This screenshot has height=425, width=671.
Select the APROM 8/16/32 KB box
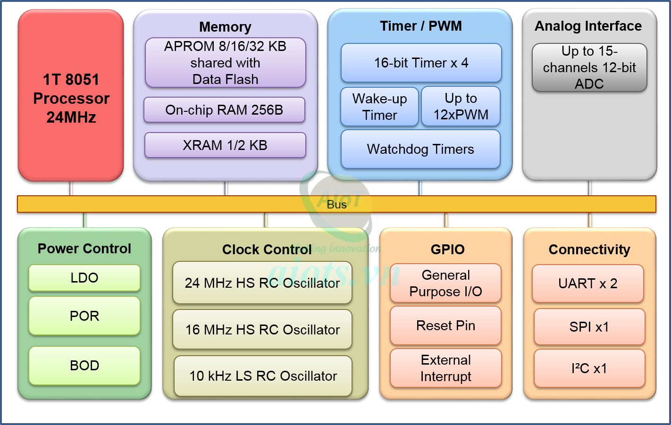(225, 63)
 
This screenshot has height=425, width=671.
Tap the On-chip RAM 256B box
(224, 110)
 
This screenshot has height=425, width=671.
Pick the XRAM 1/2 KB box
(225, 145)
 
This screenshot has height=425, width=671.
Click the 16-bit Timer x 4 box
(421, 63)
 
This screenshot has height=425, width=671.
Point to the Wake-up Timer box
(379, 107)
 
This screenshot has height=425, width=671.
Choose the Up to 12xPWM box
(461, 107)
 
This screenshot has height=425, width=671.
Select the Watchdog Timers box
(420, 149)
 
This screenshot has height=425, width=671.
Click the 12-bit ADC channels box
(589, 67)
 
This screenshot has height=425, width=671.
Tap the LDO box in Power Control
(84, 278)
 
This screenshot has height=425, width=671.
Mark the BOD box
(84, 366)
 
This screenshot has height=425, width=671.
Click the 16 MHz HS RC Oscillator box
(262, 330)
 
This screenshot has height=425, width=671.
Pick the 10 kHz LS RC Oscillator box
(263, 376)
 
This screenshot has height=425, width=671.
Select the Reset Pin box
(445, 325)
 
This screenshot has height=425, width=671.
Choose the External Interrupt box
(445, 368)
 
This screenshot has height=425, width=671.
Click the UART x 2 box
(588, 283)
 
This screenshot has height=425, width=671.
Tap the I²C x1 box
(589, 368)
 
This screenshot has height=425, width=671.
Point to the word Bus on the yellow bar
(336, 204)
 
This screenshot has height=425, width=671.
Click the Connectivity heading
(589, 250)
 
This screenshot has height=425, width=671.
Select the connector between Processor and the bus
(71, 188)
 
